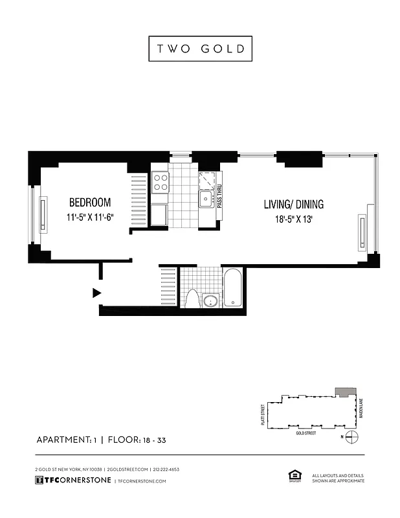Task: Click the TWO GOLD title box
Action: point(200,49)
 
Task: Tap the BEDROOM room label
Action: point(90,202)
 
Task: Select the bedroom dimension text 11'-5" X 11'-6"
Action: point(90,218)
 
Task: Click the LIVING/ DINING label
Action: point(293,205)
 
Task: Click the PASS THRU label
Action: point(220,195)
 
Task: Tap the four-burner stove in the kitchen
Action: point(160,182)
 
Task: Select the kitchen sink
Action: point(206,198)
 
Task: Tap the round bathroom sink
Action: point(210,301)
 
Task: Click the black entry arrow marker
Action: point(97,293)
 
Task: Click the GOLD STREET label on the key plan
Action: point(306,433)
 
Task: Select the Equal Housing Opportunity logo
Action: point(292,477)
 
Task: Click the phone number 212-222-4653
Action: point(166,469)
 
